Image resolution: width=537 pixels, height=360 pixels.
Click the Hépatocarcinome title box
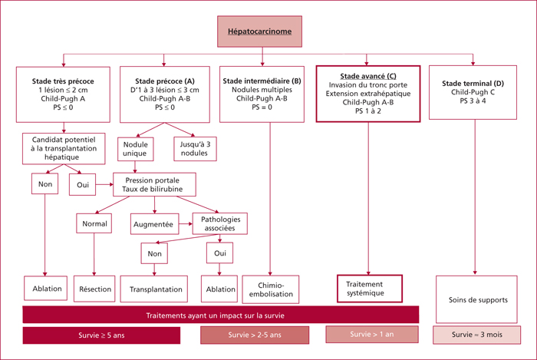259,31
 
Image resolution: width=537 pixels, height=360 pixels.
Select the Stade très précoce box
63,94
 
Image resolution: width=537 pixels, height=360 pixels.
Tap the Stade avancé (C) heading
368,76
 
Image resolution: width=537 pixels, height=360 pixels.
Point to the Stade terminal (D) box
473,92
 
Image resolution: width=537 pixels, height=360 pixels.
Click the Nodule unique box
135,149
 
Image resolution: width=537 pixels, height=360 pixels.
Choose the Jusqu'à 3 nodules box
195,149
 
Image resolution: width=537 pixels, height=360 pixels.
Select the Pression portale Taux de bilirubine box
154,184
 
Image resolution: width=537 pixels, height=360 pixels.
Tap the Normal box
94,223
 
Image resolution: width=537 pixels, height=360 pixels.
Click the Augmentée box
154,224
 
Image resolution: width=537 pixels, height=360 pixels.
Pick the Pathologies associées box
220,223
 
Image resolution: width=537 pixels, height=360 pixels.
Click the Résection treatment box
94,289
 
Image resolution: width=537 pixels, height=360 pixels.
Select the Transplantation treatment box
153,289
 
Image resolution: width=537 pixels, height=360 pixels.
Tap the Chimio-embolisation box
271,289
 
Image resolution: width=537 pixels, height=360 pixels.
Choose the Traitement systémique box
370,289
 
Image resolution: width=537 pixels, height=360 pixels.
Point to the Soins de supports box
476,299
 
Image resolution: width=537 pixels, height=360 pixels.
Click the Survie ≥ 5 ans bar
101,335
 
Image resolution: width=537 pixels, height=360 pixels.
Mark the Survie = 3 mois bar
476,335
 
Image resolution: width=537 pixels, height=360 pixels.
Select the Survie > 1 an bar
372,334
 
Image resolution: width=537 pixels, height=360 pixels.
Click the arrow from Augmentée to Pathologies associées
186,224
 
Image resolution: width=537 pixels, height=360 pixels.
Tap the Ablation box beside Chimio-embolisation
219,289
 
